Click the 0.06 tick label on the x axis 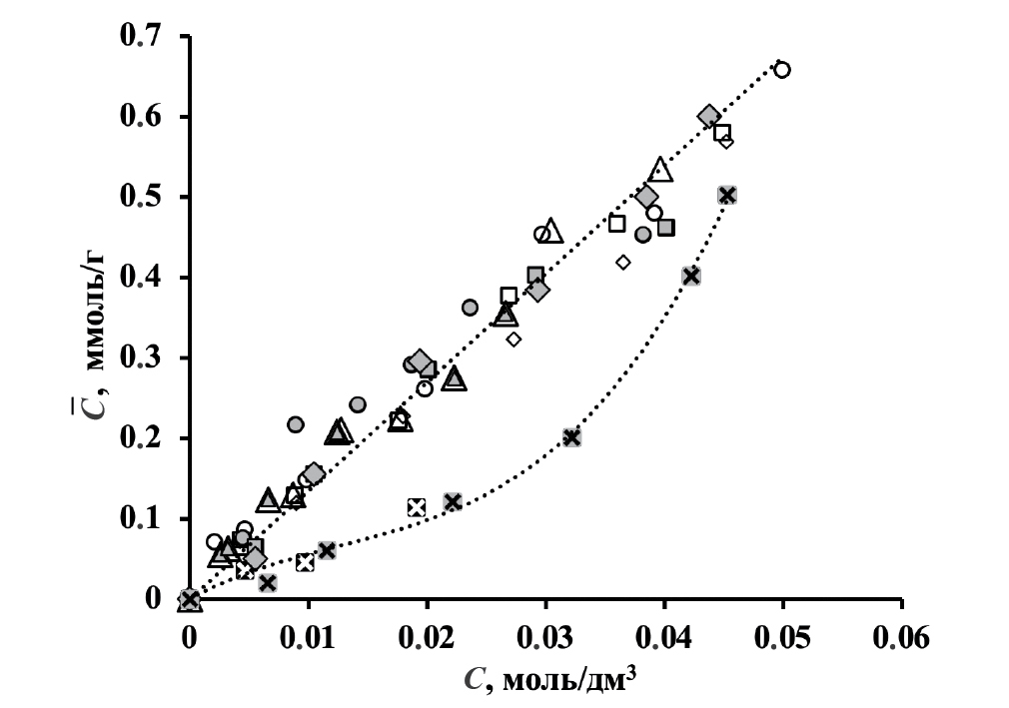[x=901, y=637]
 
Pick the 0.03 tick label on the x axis [x=545, y=637]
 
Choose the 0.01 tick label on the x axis [x=309, y=637]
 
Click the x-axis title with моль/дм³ [x=550, y=679]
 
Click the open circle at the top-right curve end [x=782, y=69]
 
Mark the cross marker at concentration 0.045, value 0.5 [x=727, y=195]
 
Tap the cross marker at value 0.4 [x=690, y=276]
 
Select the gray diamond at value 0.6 [x=709, y=116]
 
